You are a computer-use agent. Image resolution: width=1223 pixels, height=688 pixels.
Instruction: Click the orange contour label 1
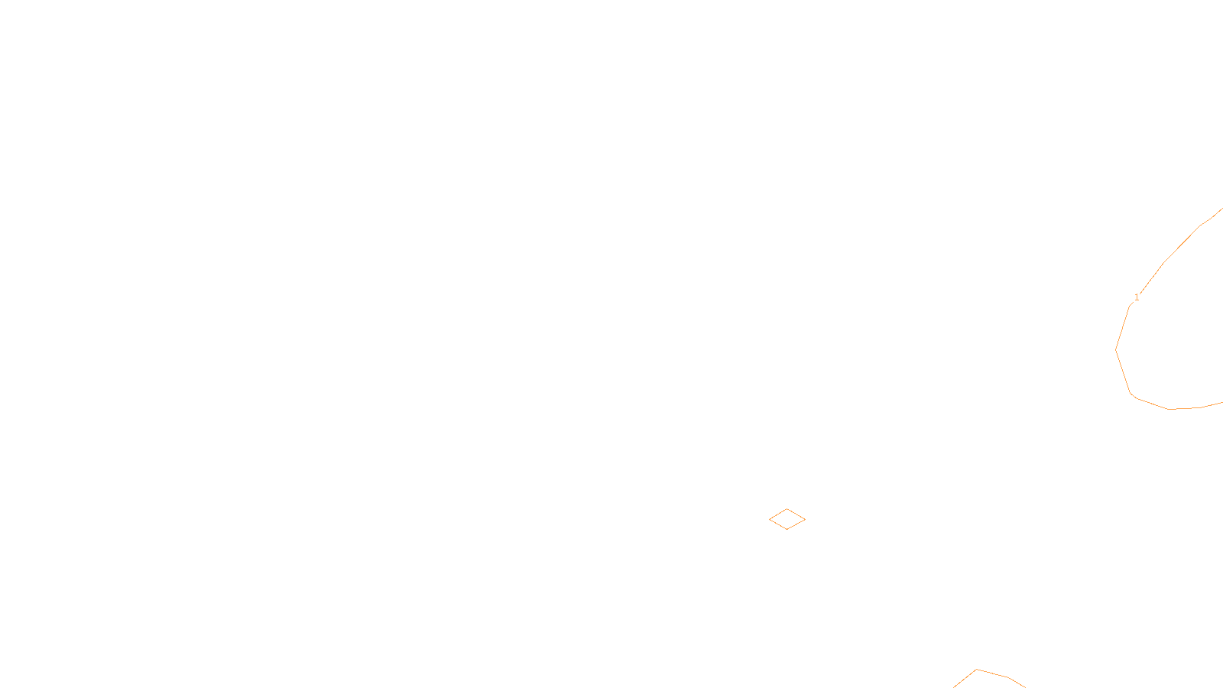click(1137, 297)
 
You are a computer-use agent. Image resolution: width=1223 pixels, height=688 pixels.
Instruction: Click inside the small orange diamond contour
click(787, 520)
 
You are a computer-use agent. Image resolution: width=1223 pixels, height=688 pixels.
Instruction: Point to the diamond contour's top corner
click(787, 509)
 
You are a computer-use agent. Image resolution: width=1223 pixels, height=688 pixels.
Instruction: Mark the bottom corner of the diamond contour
click(787, 530)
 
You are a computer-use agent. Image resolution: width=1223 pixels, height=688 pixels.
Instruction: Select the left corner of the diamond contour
click(770, 520)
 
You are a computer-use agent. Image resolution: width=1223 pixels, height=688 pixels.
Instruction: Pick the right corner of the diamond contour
click(805, 520)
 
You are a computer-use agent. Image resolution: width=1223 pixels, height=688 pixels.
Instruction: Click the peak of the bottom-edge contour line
click(976, 670)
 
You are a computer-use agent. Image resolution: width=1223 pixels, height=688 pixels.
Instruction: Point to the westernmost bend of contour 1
click(1116, 349)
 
